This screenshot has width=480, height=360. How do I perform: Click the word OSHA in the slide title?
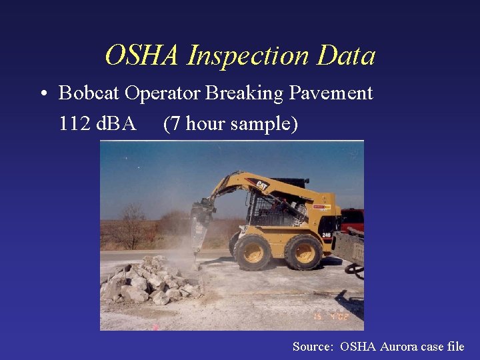143,56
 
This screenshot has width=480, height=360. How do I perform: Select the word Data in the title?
346,56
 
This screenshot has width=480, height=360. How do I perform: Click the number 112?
72,124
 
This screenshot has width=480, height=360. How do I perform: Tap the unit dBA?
114,124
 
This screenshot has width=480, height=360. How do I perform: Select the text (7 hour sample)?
230,124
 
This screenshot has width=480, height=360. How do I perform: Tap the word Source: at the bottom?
313,346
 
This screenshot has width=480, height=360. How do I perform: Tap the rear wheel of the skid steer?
303,251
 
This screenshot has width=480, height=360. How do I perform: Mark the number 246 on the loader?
326,235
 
